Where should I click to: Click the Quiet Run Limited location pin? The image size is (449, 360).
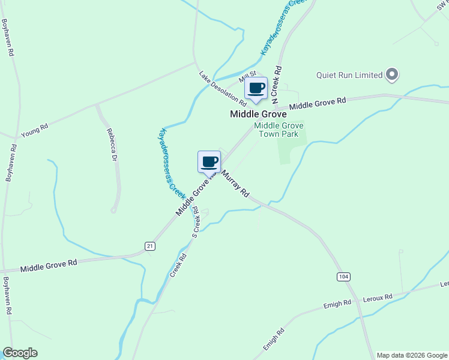tap(392, 75)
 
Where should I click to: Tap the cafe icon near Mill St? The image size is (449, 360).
tap(256, 89)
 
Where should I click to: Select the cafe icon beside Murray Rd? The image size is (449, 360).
tap(209, 161)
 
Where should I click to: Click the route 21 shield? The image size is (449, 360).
tap(150, 245)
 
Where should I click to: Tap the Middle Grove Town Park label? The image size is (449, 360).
tap(279, 130)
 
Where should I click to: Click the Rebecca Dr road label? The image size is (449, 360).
tap(112, 145)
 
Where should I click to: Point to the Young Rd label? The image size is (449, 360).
tap(34, 131)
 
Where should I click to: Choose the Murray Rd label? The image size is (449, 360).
tap(235, 184)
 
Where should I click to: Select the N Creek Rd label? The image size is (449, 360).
tap(277, 86)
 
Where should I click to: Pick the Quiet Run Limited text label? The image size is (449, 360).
tap(349, 75)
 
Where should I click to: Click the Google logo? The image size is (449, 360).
tap(20, 353)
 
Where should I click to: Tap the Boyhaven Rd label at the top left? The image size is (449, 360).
tap(8, 37)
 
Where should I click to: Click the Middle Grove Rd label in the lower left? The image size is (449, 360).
tap(49, 266)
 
